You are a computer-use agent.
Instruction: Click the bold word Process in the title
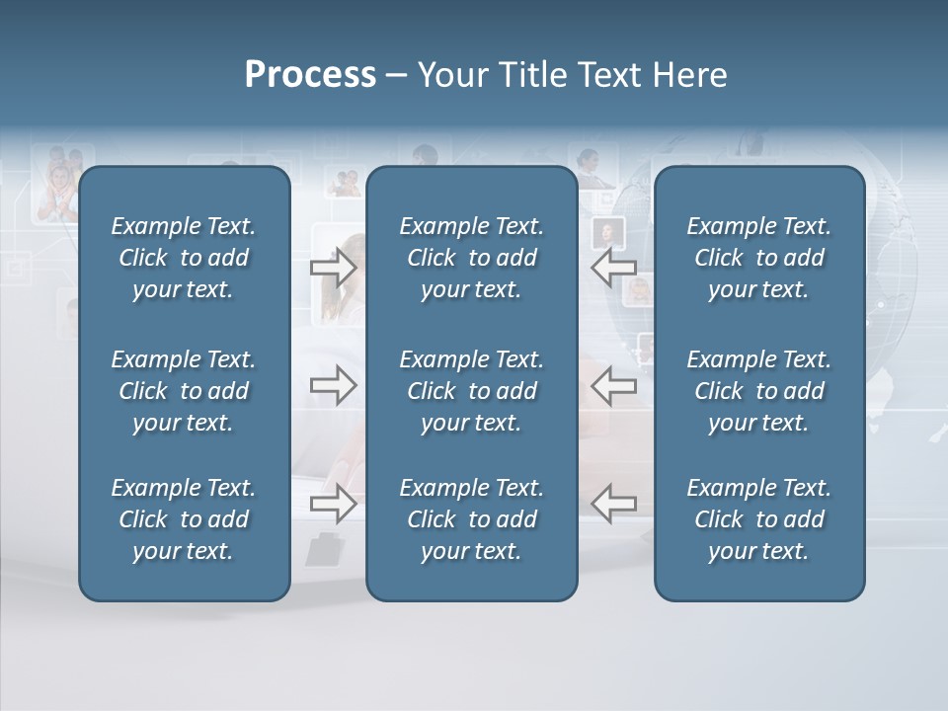tap(310, 75)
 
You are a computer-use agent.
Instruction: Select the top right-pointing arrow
tap(333, 268)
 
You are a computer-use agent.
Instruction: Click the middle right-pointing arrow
tap(333, 385)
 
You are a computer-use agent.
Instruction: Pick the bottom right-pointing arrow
tap(333, 504)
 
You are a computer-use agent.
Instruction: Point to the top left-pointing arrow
tap(614, 268)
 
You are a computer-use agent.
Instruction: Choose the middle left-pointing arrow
tap(614, 385)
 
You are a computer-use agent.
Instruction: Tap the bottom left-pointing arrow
tap(614, 504)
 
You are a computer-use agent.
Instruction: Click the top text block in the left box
tap(184, 258)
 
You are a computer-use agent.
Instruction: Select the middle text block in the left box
tap(184, 391)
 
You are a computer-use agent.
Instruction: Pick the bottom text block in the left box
tap(184, 519)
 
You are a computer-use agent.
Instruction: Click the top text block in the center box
tap(471, 258)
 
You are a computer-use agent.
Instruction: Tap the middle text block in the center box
tap(471, 391)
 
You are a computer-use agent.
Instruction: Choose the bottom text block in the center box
tap(471, 519)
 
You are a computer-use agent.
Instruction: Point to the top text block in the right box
tap(758, 258)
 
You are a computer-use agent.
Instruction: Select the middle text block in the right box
tap(758, 391)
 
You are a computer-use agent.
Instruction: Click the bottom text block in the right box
tap(758, 519)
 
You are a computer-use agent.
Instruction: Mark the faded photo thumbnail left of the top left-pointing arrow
tap(607, 234)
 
